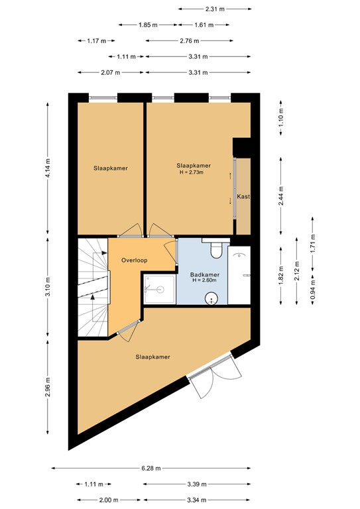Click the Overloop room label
(133, 260)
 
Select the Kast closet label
(244, 197)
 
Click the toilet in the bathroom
(215, 249)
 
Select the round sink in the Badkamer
(212, 298)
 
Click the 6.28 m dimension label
(152, 468)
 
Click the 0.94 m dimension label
(313, 292)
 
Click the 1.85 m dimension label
(148, 25)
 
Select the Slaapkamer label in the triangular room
(152, 357)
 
